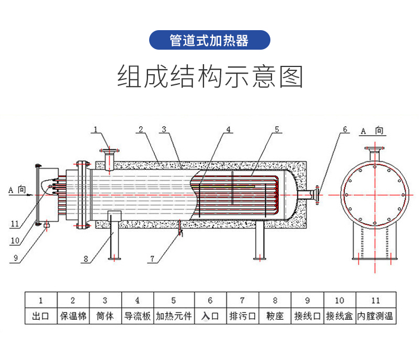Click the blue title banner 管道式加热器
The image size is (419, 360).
209,40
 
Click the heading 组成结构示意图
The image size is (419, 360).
209,76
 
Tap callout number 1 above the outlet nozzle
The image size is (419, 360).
96,129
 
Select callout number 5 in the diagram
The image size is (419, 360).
277,129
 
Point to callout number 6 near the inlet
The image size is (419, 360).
345,129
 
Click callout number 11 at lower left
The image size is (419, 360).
15,224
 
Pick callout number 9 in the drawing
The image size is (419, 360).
16,258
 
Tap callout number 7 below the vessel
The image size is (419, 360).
152,259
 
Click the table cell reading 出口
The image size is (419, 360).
41,316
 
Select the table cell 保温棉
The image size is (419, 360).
73,316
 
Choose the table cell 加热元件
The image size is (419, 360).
174,316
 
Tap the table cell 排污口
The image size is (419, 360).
242,316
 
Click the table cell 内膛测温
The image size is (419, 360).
376,316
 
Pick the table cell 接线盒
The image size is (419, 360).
340,316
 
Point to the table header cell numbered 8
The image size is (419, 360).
275,300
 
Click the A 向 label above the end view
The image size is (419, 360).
372,131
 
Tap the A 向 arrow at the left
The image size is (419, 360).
21,195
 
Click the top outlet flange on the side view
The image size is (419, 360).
109,151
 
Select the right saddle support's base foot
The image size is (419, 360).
260,258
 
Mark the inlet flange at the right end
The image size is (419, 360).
317,195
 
